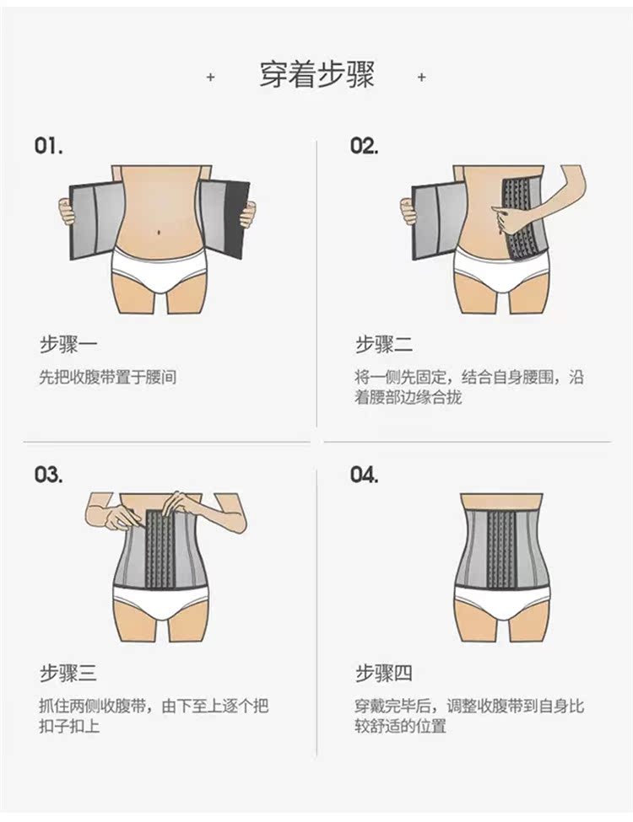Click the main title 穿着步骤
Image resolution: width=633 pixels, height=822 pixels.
pos(316,76)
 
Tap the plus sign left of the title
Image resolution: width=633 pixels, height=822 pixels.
pos(210,77)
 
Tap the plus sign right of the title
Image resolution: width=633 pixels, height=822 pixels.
pos(421,77)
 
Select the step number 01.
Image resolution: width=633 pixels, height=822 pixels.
pos(48,146)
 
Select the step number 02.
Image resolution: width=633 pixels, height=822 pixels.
pos(365,146)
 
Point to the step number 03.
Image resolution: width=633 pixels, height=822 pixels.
pos(48,474)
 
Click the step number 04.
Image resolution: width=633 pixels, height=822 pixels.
pos(365,474)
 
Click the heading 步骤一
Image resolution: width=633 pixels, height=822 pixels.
pos(68,345)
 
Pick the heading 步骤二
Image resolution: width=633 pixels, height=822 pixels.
pos(384,345)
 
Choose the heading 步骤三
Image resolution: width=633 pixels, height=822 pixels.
pos(68,673)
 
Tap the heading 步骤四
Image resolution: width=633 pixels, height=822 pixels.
pos(384,673)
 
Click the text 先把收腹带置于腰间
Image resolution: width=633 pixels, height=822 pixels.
pos(108,378)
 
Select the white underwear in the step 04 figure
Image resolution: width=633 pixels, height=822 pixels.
pos(502,604)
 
